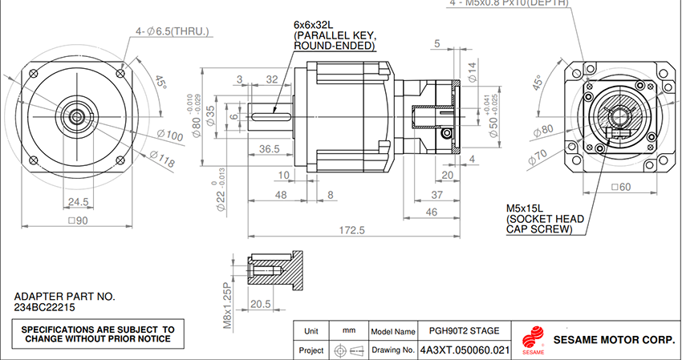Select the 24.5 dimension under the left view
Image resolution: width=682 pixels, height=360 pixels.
78,201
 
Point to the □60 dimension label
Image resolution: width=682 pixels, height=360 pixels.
617,188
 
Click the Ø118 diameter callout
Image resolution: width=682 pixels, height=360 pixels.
161,161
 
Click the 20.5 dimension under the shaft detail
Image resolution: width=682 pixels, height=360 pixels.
260,305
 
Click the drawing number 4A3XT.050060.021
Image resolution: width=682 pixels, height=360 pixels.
465,350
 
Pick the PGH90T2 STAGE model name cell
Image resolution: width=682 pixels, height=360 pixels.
465,330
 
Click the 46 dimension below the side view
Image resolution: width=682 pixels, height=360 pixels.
431,212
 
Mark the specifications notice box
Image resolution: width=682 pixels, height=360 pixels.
97,334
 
